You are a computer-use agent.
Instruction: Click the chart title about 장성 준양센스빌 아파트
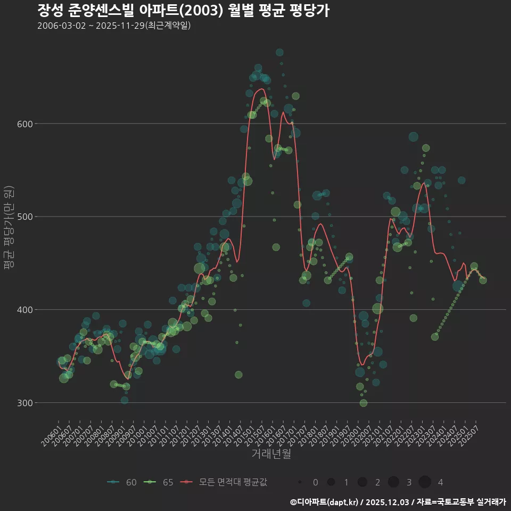click(x=183, y=11)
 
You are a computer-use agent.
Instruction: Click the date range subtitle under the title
click(x=114, y=26)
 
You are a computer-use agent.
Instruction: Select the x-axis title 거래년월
click(x=271, y=454)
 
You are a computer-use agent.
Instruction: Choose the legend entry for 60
click(x=122, y=482)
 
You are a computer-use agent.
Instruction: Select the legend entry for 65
click(x=160, y=482)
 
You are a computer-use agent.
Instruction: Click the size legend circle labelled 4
click(x=425, y=482)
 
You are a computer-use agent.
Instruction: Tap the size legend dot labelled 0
click(x=300, y=482)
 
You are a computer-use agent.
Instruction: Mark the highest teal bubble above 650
click(x=279, y=52)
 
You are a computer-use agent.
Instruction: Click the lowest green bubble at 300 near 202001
click(x=364, y=403)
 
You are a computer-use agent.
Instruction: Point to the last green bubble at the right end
click(x=483, y=281)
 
